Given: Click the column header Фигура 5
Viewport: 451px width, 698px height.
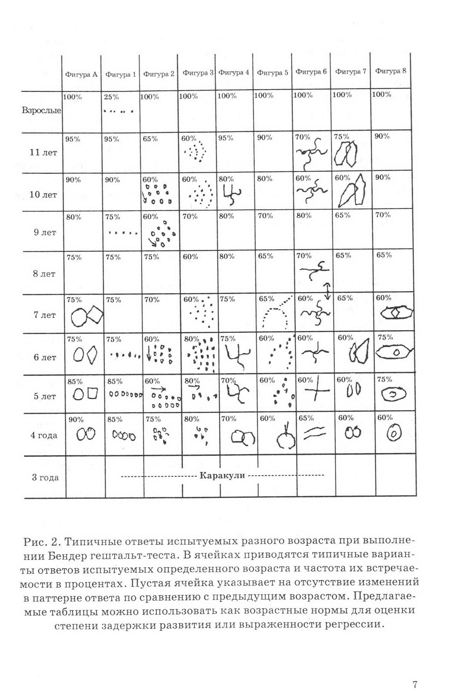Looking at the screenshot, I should point(272,72).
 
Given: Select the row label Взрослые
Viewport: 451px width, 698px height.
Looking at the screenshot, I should point(41,111).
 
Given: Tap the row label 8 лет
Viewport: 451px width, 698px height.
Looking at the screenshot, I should point(44,274).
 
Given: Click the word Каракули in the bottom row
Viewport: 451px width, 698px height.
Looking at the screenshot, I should point(222,475).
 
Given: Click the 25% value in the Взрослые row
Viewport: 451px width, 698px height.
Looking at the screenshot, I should point(111,97).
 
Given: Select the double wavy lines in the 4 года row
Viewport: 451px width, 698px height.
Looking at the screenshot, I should point(315,434).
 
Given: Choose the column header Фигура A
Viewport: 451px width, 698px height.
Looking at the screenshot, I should point(81,74).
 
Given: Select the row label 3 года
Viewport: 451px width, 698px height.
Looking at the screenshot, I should point(45,478).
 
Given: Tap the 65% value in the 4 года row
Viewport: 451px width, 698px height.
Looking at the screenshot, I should point(306,418).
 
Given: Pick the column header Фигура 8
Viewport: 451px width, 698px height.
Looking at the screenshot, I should point(390,71).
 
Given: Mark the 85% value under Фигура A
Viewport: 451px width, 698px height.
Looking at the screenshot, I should point(75,381).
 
